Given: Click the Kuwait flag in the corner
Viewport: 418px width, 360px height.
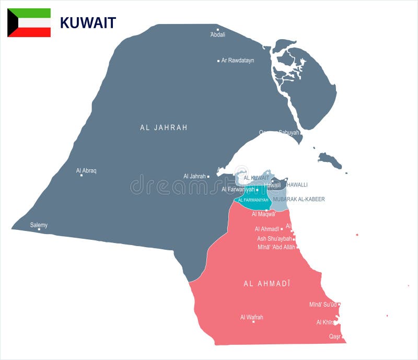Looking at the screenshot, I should pos(29,23).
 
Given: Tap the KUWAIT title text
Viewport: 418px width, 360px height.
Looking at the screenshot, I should pos(88,23).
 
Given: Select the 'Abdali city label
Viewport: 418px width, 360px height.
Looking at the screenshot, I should pos(217,34).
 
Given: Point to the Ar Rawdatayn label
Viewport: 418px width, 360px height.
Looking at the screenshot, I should pos(238,61).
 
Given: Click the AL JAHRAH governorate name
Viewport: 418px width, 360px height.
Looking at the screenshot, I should pos(164,127).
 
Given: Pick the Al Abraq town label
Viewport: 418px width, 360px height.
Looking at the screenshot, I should pos(86,170).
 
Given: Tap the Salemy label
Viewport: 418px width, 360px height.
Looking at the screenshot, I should pos(39,225).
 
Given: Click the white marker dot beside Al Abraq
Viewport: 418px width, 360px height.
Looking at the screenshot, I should pos(82,175).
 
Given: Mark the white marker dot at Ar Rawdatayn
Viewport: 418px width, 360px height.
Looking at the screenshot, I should pos(218,61).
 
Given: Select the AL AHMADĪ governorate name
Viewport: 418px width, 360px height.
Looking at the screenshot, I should pos(266,284).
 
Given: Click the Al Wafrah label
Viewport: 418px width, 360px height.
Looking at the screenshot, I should pos(251,317).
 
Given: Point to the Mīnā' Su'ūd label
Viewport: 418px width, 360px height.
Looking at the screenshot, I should pos(322,305).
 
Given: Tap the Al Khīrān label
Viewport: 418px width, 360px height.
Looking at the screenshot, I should pos(326,322).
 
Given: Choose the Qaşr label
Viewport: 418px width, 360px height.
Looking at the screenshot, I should pos(335,336).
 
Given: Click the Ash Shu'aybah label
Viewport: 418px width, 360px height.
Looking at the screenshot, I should pos(274,239).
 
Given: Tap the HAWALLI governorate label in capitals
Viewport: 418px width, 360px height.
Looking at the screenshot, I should pos(296,184).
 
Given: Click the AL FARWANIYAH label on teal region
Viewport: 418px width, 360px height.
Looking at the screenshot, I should pos(253,200).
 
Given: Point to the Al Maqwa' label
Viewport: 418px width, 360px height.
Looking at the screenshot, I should pos(263,214).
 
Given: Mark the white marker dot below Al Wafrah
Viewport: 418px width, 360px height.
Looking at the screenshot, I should pos(253,322).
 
